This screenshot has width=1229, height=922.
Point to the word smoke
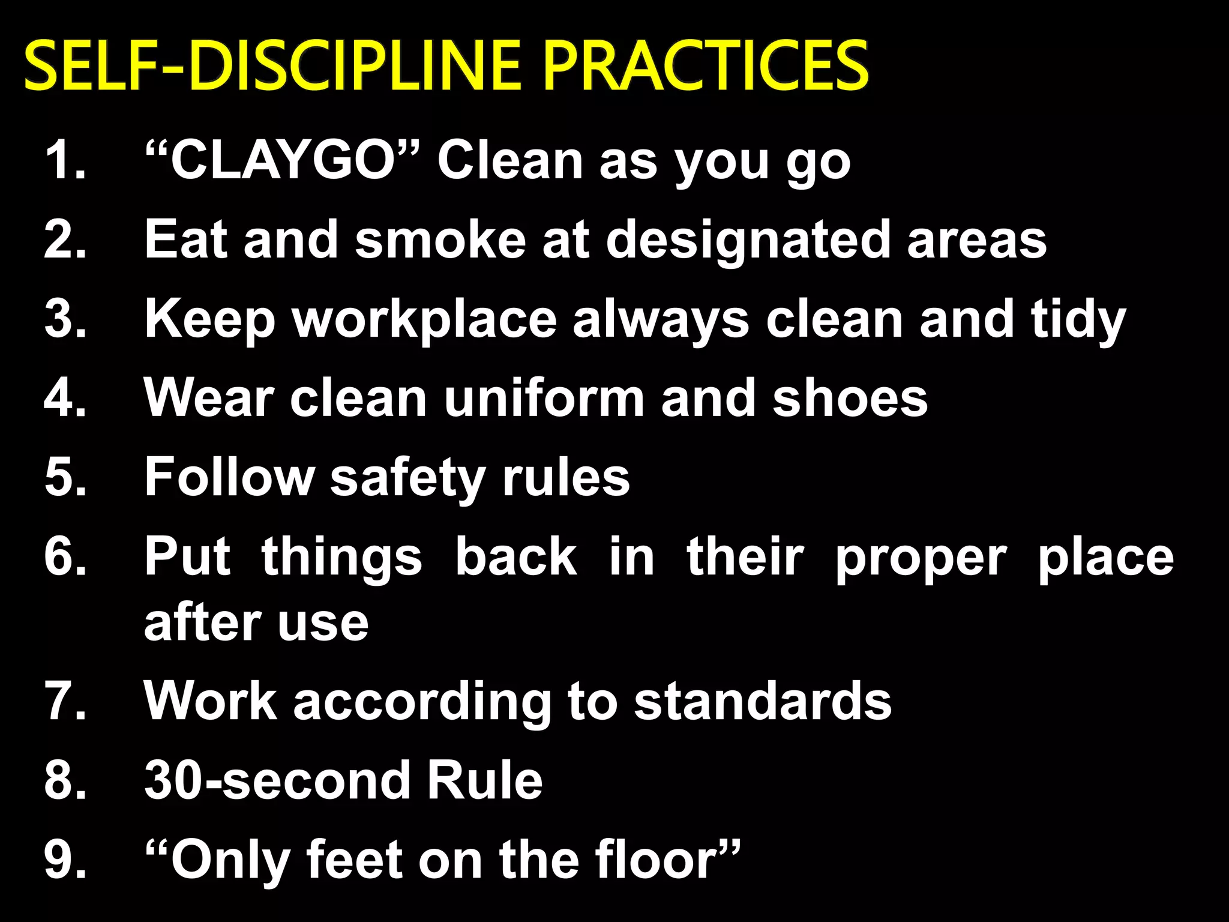[x=440, y=240]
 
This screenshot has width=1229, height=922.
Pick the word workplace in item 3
[x=424, y=321]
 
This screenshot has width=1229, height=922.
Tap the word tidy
[x=1078, y=321]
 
